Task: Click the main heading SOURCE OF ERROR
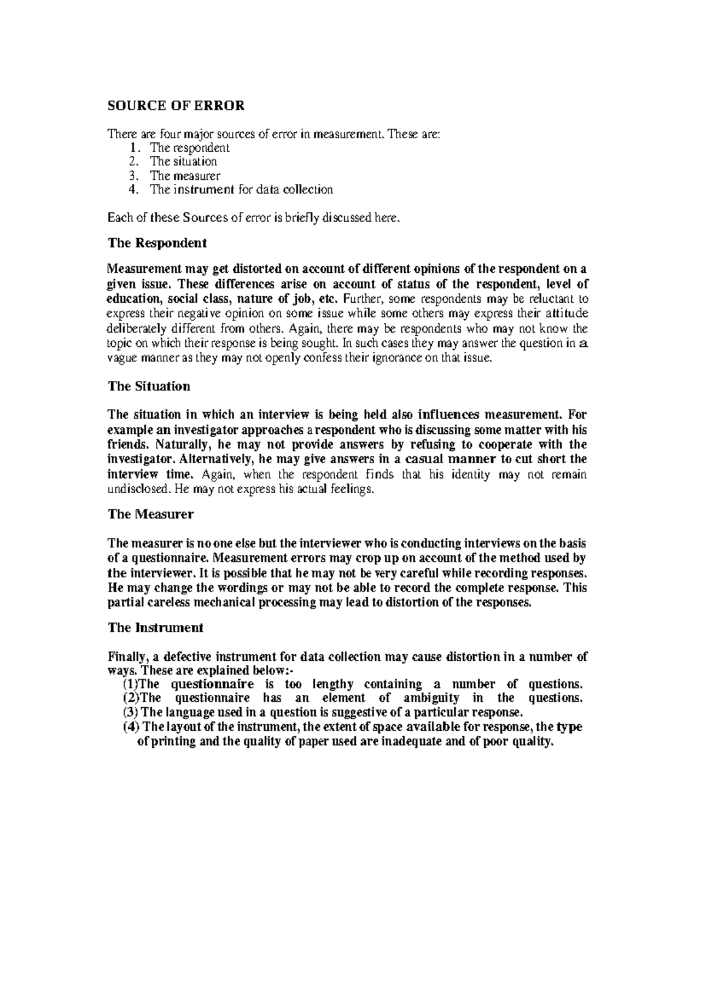click(175, 106)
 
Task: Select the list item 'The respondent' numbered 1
click(189, 148)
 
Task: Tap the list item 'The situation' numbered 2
click(183, 161)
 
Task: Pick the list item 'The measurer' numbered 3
click(185, 175)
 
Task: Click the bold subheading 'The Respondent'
click(157, 243)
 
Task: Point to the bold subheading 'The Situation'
click(149, 386)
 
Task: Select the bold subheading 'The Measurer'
click(151, 514)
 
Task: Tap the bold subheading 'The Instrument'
click(155, 628)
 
